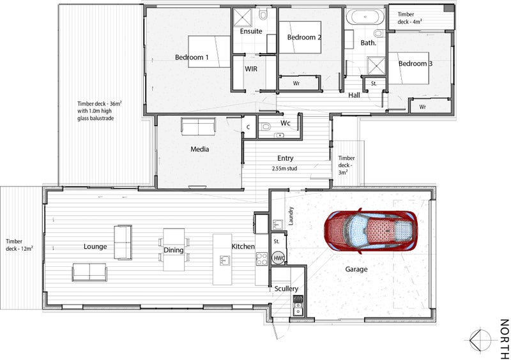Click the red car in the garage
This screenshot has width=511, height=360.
370,230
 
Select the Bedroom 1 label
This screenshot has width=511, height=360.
192,57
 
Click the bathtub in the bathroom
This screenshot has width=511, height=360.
365,17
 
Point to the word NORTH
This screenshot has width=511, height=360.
504,339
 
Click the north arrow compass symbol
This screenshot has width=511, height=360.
480,340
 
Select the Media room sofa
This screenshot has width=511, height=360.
199,127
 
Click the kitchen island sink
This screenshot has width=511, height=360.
225,260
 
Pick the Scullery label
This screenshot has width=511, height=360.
286,289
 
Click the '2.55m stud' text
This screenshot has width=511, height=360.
285,169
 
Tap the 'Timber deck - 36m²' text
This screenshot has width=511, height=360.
100,104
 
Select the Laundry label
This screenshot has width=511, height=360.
291,216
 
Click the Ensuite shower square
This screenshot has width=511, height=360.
242,17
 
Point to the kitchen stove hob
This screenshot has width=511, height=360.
262,259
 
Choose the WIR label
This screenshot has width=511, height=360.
251,69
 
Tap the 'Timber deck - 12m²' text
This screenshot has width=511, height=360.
19,244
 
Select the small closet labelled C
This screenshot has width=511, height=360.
248,127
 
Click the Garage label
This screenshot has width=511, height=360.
356,269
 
